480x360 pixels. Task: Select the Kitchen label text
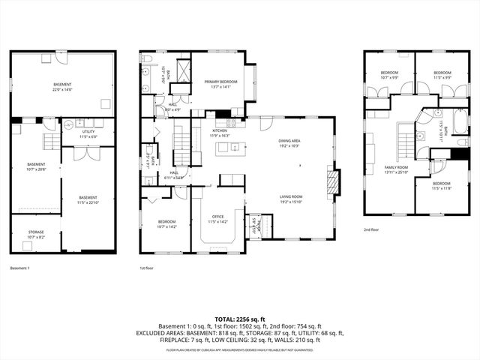pos(219,130)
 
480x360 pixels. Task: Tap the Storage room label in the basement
pos(36,232)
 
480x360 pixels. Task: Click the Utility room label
pos(88,132)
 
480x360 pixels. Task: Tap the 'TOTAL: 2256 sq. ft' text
pos(239,319)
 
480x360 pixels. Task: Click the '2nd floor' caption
pos(372,230)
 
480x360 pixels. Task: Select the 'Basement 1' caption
pos(19,268)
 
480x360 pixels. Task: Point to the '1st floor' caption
pos(148,268)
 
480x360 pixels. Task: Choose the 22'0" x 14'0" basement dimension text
pos(62,89)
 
